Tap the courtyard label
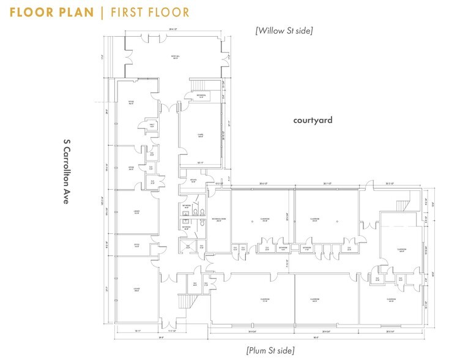312,121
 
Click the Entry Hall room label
174,58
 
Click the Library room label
137,212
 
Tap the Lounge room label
137,289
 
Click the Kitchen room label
192,181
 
